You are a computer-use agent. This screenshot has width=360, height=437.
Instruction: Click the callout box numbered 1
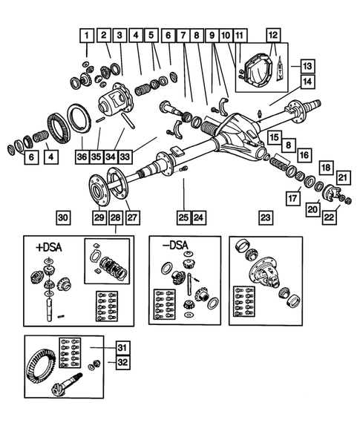[x=88, y=35]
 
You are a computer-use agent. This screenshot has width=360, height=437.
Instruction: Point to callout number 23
[x=266, y=217]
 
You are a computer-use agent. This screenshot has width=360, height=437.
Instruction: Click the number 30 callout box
[x=63, y=217]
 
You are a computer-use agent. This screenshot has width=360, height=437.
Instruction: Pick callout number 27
[x=133, y=217]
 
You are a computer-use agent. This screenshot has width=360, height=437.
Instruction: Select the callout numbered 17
[x=293, y=198]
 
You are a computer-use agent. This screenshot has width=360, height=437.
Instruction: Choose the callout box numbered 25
[x=183, y=217]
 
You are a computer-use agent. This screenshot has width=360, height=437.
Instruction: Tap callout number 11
[x=239, y=35]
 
